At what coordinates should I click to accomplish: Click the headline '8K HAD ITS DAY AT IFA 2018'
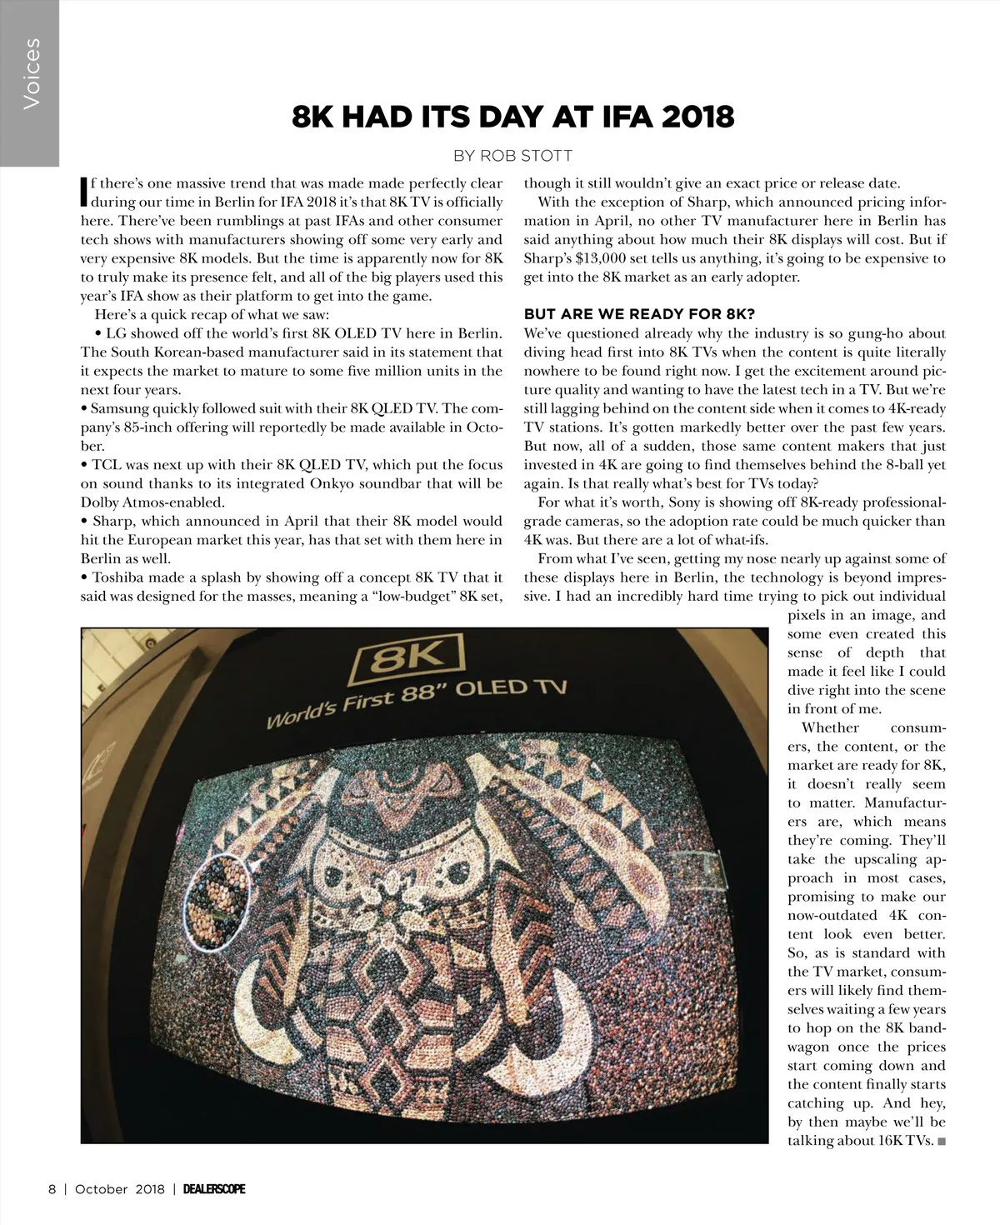pos(512,117)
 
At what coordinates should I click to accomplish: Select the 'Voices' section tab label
pos(31,73)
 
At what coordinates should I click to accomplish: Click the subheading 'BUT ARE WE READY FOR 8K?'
pos(639,314)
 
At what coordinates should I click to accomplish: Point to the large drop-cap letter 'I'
pos(83,191)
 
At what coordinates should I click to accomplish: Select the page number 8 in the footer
pos(52,1189)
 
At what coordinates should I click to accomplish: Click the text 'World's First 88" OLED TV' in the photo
pos(417,702)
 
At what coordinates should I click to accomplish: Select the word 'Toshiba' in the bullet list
pos(118,577)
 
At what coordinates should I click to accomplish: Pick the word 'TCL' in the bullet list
pos(107,465)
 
